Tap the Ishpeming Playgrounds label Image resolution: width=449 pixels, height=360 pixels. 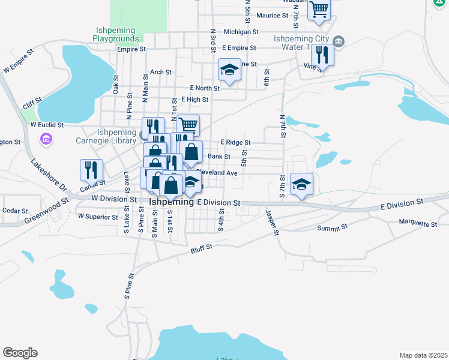pos(116,34)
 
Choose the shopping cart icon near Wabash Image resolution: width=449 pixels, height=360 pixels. pos(319,9)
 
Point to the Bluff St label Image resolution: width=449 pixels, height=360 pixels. pos(202,249)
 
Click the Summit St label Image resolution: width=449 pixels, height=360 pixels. pos(333,228)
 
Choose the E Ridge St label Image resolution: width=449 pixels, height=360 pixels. pos(235,142)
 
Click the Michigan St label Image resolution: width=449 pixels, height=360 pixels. pos(241,32)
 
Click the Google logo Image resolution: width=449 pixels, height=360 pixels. pos(20,353)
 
